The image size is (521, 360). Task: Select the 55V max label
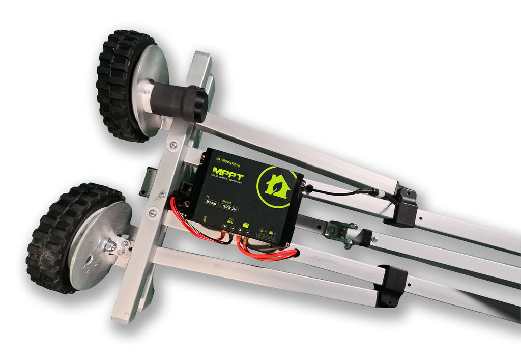tap(211, 202)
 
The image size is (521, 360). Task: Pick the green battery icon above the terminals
tap(246, 225)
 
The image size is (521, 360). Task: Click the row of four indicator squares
tap(266, 237)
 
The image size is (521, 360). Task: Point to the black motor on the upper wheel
tap(178, 101)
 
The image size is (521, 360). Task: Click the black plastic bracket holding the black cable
tap(402, 206)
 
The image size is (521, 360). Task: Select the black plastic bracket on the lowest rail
tap(391, 286)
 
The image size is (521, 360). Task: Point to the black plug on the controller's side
tap(307, 188)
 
